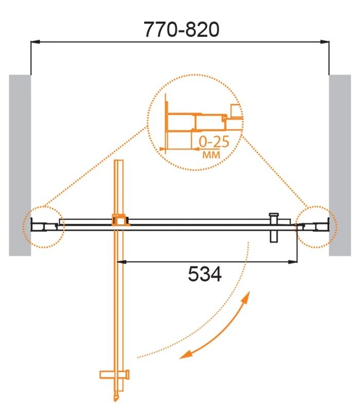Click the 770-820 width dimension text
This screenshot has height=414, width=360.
tap(181, 30)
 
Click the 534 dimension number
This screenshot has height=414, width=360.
tap(205, 275)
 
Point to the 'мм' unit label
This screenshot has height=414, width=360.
tap(209, 154)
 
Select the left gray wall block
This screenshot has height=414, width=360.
tap(20, 165)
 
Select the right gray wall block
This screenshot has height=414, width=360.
tap(339, 165)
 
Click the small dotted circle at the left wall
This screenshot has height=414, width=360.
tap(44, 226)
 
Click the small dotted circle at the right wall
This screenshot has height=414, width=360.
tap(316, 226)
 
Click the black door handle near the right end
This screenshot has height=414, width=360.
tap(274, 226)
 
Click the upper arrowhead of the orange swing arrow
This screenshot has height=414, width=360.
tap(247, 298)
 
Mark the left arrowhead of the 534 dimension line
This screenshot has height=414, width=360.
tap(122, 262)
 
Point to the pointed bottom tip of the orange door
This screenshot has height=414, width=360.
tap(116, 398)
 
